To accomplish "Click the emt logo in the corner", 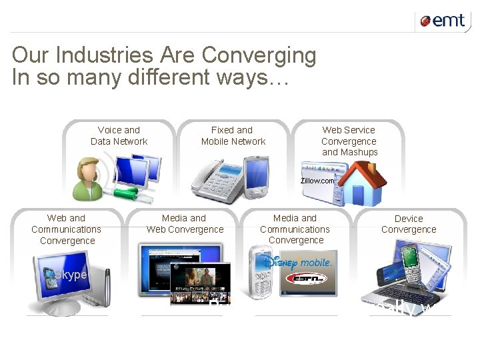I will click(x=442, y=21).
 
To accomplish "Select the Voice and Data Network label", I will click(x=119, y=135).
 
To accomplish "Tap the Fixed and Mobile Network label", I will click(x=233, y=135).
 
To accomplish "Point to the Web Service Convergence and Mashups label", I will click(x=349, y=141).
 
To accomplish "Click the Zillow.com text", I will click(x=317, y=180).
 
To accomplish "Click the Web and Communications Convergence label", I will click(x=67, y=229).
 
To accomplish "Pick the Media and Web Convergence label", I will click(x=185, y=223).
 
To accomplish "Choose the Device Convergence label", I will click(x=409, y=223).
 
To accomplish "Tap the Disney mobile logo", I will click(x=301, y=262).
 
